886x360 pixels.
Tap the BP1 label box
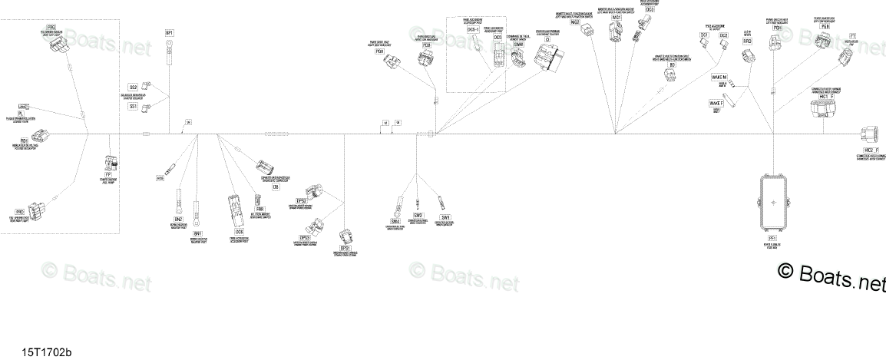point(170,32)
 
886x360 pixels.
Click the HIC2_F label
point(870,149)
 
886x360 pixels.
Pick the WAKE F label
point(716,102)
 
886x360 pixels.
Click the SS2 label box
point(134,88)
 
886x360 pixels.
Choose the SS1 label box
point(134,107)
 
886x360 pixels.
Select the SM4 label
point(396,221)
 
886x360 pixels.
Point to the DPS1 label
point(345,248)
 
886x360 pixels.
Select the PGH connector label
point(779,28)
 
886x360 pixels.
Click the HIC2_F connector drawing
point(868,134)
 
